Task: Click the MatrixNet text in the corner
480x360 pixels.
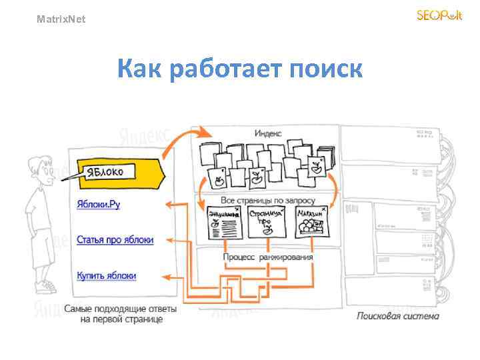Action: pos(61,19)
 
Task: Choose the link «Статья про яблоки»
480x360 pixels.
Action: pos(115,239)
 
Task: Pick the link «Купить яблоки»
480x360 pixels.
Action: pos(107,275)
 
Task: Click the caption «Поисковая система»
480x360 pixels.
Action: pos(397,315)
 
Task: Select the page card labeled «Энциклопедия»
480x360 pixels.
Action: pos(223,221)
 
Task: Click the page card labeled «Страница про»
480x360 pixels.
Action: pos(266,221)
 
